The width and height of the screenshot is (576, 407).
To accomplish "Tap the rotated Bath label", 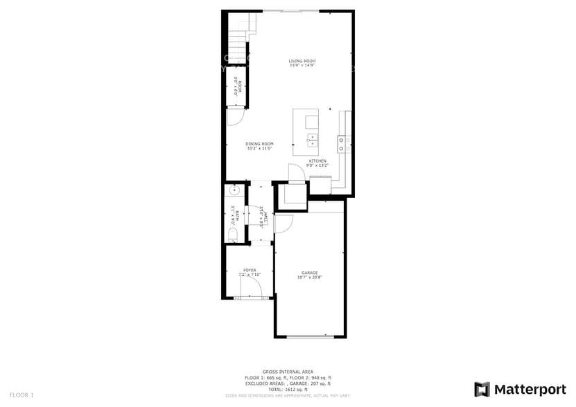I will coord(236,217).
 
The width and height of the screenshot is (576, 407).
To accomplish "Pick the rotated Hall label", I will coord(264,217).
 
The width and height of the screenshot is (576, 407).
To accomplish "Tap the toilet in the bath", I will coord(232,236).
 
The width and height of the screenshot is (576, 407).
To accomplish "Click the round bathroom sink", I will coord(234,189).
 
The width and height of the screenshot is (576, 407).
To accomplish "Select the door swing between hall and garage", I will coord(283,224).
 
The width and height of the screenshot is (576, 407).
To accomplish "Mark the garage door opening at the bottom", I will coord(310,337).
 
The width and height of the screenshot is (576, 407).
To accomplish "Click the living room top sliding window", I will coord(290,11).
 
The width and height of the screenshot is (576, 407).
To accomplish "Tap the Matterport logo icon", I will coord(482,389).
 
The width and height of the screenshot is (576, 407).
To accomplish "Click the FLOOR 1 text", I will coord(21,395).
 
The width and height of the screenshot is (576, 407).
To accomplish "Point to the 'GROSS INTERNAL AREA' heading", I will coord(288,372).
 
